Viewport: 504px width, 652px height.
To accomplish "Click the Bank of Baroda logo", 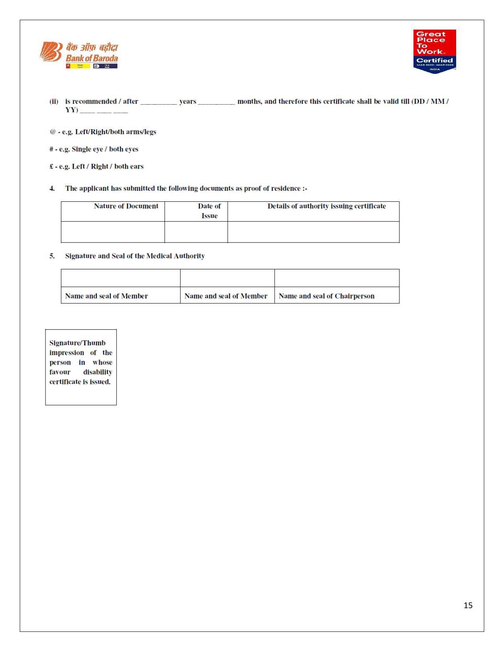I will (79, 54).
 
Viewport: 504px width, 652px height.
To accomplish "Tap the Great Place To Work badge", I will (434, 51).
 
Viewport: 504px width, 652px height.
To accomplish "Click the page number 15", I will (468, 605).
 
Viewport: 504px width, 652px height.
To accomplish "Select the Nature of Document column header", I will (126, 206).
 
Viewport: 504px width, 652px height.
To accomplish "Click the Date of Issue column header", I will (209, 211).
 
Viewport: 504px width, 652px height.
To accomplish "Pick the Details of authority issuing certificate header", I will (327, 206).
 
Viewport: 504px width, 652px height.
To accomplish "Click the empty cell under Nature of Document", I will (113, 232).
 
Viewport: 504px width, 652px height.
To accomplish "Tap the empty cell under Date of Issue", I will (196, 232).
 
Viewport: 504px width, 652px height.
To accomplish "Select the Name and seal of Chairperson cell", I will (327, 296).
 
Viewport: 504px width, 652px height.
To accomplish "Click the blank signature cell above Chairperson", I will (337, 278).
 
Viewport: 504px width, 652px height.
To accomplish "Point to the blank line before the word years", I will (159, 102).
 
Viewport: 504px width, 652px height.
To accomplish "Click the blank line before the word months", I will (216, 102).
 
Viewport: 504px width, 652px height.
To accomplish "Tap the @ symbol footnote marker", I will (53, 132).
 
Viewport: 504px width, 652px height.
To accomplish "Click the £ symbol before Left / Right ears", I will (51, 166).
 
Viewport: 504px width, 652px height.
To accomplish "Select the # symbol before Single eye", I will (51, 149).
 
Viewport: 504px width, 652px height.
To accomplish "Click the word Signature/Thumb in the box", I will (77, 343).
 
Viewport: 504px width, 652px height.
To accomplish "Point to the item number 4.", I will (52, 188).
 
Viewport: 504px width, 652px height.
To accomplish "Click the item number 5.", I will (52, 256).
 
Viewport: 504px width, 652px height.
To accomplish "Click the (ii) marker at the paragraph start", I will (54, 101).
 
